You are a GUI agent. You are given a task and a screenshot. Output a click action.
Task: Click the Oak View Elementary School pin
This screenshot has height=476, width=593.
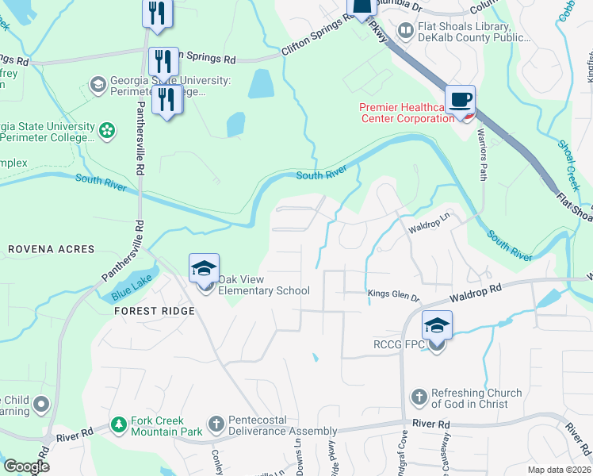pos(204,271)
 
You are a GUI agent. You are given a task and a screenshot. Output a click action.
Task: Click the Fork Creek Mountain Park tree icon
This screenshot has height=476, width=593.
pos(119,424)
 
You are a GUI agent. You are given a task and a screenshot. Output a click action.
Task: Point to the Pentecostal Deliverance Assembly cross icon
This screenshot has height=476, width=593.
pos(216,424)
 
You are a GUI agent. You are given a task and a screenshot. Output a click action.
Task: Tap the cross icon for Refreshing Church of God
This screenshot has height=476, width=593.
pos(419,396)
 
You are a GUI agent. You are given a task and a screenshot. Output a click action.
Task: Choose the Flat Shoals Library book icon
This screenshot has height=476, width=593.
pos(405,31)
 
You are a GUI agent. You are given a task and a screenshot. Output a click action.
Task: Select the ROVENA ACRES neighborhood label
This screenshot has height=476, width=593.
pos(52,249)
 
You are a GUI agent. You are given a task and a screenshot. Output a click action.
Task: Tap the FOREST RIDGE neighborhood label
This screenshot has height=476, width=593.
pos(154,311)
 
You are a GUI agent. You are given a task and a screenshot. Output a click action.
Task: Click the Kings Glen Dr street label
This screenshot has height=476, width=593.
pos(393,296)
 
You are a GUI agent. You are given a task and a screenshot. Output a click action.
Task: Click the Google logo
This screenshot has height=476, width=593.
pos(26,466)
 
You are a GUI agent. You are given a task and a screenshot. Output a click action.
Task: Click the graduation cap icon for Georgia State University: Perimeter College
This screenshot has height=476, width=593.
pos(98,85)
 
